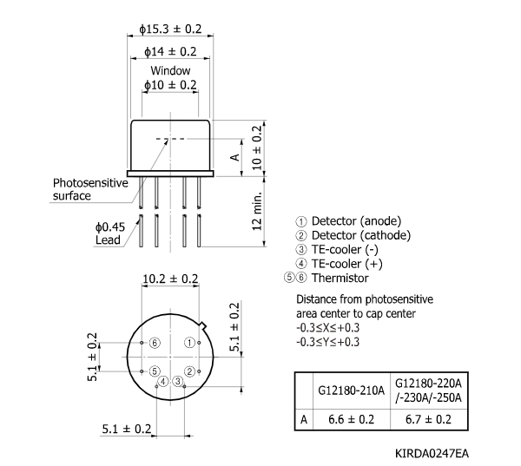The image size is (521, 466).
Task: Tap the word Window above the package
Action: tap(170, 70)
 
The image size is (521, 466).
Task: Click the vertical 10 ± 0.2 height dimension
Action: tap(256, 146)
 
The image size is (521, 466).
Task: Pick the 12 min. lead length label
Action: tap(256, 212)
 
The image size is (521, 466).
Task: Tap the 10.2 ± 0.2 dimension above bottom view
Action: tap(170, 279)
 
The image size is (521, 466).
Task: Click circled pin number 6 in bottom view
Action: tap(154, 343)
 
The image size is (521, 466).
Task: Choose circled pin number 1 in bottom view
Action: tap(188, 343)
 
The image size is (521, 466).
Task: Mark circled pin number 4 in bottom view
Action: tap(162, 381)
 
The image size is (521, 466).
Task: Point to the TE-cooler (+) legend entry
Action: tap(340, 264)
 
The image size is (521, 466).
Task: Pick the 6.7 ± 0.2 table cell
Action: tap(429, 419)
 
